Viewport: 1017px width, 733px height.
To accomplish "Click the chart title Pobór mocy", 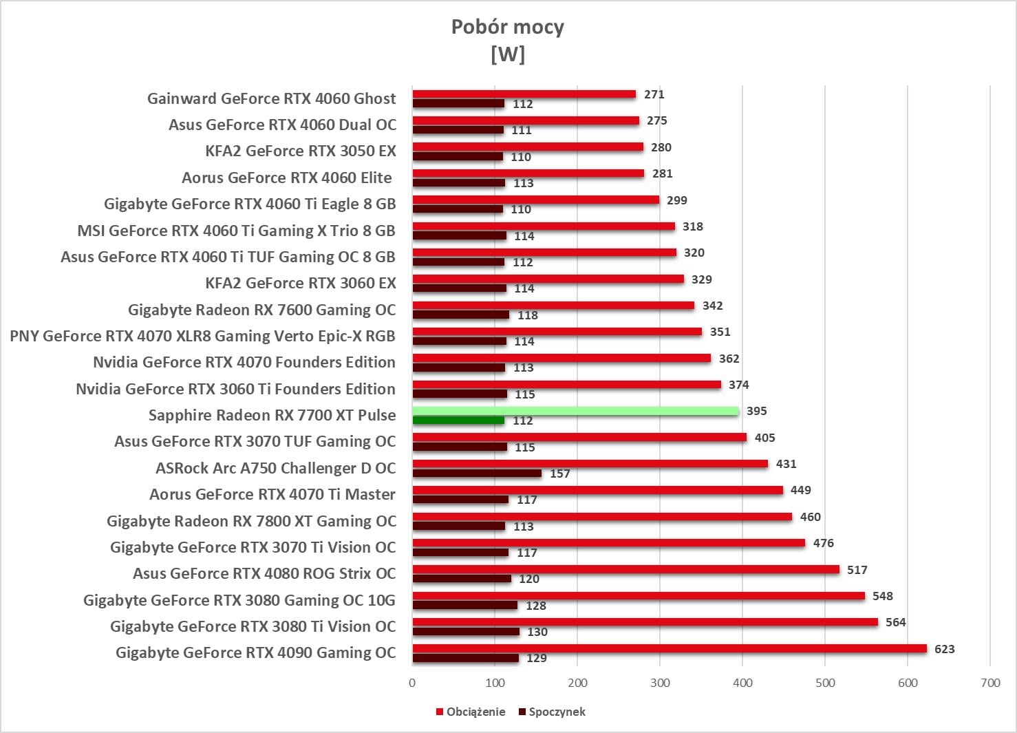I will (507, 27).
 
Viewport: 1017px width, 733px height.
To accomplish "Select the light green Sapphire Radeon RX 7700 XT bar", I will (575, 411).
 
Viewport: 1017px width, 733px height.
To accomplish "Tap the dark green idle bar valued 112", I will (458, 421).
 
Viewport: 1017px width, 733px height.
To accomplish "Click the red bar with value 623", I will (670, 648).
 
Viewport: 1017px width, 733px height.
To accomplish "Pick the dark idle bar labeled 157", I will (477, 474).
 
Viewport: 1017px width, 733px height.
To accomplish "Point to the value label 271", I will (654, 94).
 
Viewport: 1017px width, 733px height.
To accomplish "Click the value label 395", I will (756, 411).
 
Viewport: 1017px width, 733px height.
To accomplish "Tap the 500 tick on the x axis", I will (825, 683).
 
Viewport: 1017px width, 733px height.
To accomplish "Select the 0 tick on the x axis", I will (412, 683).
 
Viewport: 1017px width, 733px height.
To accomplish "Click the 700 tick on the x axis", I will (990, 683).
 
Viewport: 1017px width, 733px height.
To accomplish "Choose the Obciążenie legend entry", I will (471, 712).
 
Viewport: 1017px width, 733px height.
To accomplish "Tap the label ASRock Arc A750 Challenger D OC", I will (276, 468).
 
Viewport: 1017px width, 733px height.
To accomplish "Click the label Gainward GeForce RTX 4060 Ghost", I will (271, 98).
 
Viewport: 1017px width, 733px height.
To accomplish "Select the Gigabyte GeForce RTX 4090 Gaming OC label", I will (255, 652).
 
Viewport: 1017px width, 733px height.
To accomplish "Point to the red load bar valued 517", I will (625, 569).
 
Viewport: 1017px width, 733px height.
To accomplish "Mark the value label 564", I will (895, 622).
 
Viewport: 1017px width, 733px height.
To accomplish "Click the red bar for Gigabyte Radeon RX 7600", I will (553, 306).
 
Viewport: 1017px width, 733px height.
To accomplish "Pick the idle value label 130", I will (537, 632).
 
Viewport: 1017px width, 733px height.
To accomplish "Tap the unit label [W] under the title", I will (507, 54).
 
